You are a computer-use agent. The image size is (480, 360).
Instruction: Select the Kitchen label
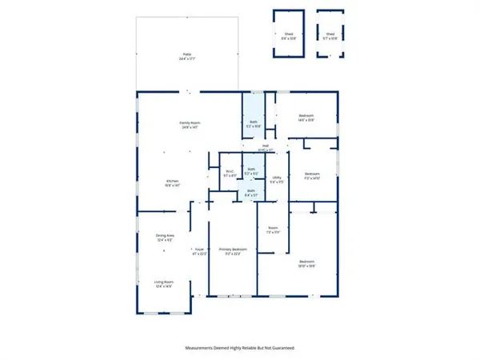coord(172,183)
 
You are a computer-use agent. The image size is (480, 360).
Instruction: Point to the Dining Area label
coord(165,237)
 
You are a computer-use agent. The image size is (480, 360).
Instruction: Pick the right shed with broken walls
coord(330,36)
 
